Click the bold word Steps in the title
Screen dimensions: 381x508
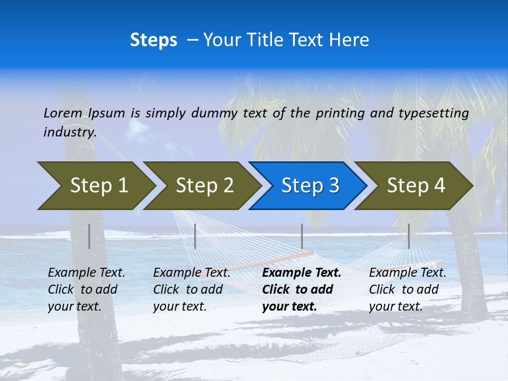tap(153, 40)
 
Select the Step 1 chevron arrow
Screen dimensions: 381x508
tap(95, 185)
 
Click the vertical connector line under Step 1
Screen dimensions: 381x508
tap(89, 236)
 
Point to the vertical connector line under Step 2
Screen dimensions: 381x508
tap(195, 236)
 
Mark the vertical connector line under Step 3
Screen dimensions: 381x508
tap(302, 236)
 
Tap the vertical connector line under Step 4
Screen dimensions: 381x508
tap(409, 236)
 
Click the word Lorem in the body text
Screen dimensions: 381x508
tap(62, 113)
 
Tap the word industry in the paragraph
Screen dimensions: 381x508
tap(69, 132)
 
